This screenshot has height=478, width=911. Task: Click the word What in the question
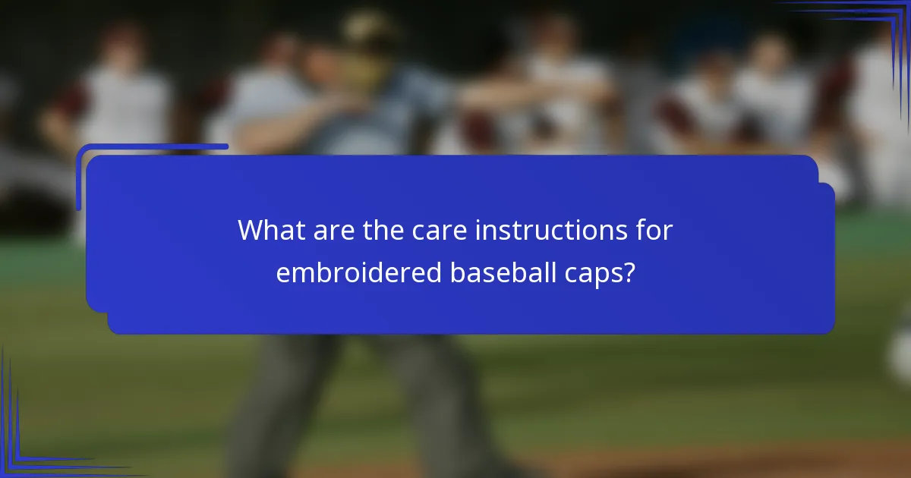pos(266,231)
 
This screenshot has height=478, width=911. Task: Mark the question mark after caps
pos(629,272)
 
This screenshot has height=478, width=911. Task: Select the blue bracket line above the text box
pos(152,146)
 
